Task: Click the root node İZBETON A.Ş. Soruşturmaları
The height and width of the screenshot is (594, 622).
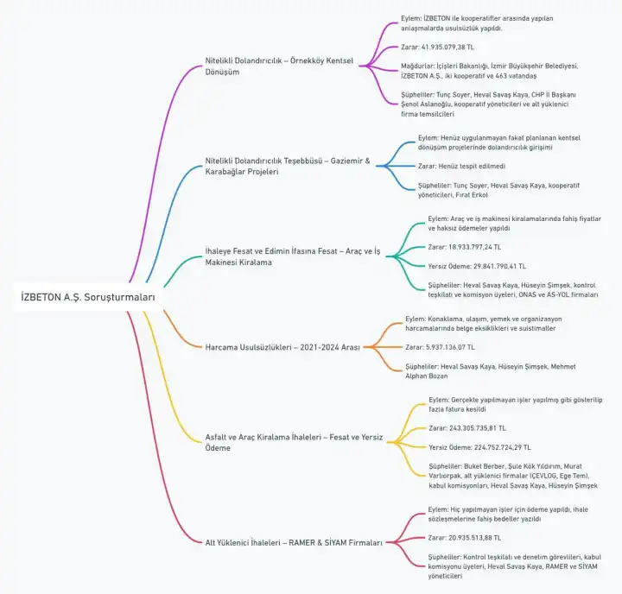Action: (x=87, y=297)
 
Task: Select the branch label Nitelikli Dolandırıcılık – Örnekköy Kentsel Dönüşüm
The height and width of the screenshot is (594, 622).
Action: (x=279, y=66)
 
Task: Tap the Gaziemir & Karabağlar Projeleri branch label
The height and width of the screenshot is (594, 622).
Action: (x=288, y=166)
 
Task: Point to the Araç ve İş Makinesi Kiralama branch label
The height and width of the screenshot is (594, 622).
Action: (x=293, y=256)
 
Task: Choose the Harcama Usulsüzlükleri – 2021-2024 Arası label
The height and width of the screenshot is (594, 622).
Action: (x=282, y=347)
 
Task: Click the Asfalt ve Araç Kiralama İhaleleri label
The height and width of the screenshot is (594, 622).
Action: (x=294, y=442)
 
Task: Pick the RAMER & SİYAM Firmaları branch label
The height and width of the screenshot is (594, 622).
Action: (x=294, y=542)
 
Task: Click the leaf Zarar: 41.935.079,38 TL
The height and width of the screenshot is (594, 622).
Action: (x=437, y=47)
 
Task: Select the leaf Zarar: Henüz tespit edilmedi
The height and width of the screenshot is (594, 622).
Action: (x=461, y=166)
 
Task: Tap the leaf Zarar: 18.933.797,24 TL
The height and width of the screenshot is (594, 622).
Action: (x=465, y=247)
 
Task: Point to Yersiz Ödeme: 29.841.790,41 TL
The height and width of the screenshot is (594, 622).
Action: (x=477, y=266)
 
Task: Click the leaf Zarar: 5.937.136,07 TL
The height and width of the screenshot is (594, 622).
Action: (x=440, y=347)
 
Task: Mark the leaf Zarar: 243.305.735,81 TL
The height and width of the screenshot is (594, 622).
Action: (x=467, y=428)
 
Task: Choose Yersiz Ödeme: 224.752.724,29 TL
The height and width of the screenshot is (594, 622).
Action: (x=479, y=447)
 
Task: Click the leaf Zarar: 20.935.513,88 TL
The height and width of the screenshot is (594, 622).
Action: (x=465, y=538)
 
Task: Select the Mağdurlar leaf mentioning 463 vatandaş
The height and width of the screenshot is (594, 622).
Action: (x=490, y=71)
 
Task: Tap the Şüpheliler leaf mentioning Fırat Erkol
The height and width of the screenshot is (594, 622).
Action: (x=498, y=190)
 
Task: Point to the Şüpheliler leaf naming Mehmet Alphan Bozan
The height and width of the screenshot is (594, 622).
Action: (x=491, y=371)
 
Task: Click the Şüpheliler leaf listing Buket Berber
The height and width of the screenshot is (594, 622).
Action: (x=513, y=476)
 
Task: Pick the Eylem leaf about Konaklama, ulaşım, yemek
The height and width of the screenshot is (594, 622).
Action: (x=484, y=324)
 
